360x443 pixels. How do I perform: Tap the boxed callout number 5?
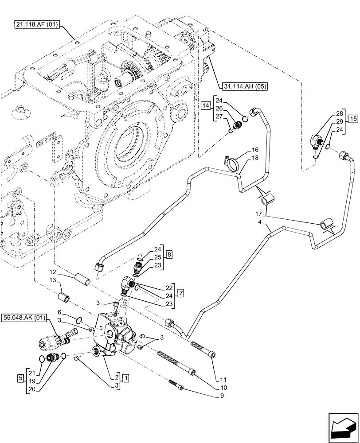20,377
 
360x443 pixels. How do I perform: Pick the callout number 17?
259,214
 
